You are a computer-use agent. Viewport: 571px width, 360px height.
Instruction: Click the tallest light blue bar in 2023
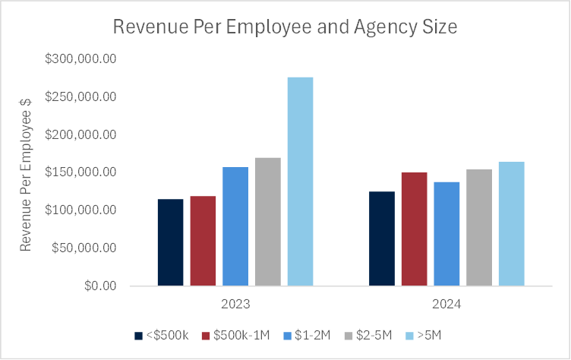pyautogui.click(x=300, y=182)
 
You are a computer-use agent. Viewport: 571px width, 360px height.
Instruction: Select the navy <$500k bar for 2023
pyautogui.click(x=171, y=242)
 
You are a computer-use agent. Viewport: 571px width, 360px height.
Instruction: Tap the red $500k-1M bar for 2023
pyautogui.click(x=203, y=241)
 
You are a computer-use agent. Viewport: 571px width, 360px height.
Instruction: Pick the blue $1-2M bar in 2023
pyautogui.click(x=235, y=226)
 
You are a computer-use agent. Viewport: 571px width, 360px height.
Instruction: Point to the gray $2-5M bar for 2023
pyautogui.click(x=268, y=222)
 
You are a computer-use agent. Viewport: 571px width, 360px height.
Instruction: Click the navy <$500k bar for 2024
pyautogui.click(x=382, y=238)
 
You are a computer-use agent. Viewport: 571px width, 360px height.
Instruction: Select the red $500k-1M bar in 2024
pyautogui.click(x=415, y=229)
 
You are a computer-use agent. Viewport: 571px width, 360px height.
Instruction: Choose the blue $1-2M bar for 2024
pyautogui.click(x=446, y=234)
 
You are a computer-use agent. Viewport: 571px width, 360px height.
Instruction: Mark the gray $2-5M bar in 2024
pyautogui.click(x=479, y=228)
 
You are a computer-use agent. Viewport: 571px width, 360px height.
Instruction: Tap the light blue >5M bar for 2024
pyautogui.click(x=511, y=224)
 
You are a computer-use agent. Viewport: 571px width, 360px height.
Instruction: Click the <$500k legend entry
pyautogui.click(x=162, y=335)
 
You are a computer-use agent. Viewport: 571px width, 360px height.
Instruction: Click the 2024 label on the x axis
pyautogui.click(x=446, y=304)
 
